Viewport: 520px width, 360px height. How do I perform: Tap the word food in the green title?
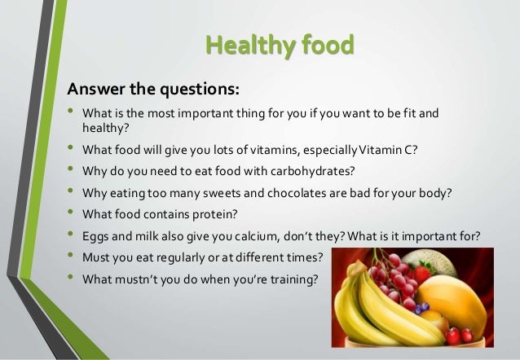click(x=328, y=45)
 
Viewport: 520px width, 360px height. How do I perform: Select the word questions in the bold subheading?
click(x=200, y=90)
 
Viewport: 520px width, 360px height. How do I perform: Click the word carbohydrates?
click(x=312, y=171)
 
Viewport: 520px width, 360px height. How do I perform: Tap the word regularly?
click(x=180, y=258)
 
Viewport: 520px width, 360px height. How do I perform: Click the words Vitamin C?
click(x=388, y=150)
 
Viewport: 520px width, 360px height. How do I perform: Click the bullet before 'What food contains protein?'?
click(x=70, y=211)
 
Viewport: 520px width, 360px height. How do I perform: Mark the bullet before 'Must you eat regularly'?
click(x=70, y=255)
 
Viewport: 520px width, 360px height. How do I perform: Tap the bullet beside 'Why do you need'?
click(x=70, y=168)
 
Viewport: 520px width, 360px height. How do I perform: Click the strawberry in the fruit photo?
click(x=422, y=273)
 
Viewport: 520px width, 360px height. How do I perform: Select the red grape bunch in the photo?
click(x=394, y=279)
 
